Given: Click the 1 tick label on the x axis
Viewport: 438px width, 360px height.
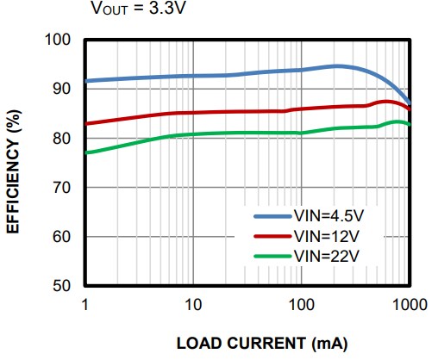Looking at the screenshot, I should [84, 304].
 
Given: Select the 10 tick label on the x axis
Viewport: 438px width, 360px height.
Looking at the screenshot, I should [192, 304].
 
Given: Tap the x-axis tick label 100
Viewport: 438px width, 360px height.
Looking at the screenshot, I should [301, 304].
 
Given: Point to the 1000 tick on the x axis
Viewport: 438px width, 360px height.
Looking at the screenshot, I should [409, 304].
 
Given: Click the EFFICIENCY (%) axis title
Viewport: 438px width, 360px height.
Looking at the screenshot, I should [15, 164].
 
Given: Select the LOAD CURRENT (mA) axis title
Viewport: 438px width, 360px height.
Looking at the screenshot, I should [262, 343].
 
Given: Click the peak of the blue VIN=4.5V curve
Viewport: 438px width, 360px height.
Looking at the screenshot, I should [337, 65].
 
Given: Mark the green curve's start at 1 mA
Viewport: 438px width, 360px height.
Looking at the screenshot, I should [85, 152].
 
